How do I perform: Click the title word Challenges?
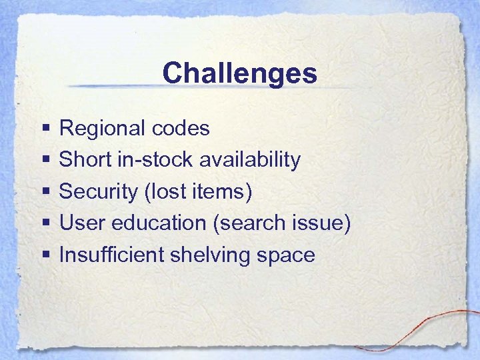tap(239, 73)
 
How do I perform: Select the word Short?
tap(81, 160)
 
